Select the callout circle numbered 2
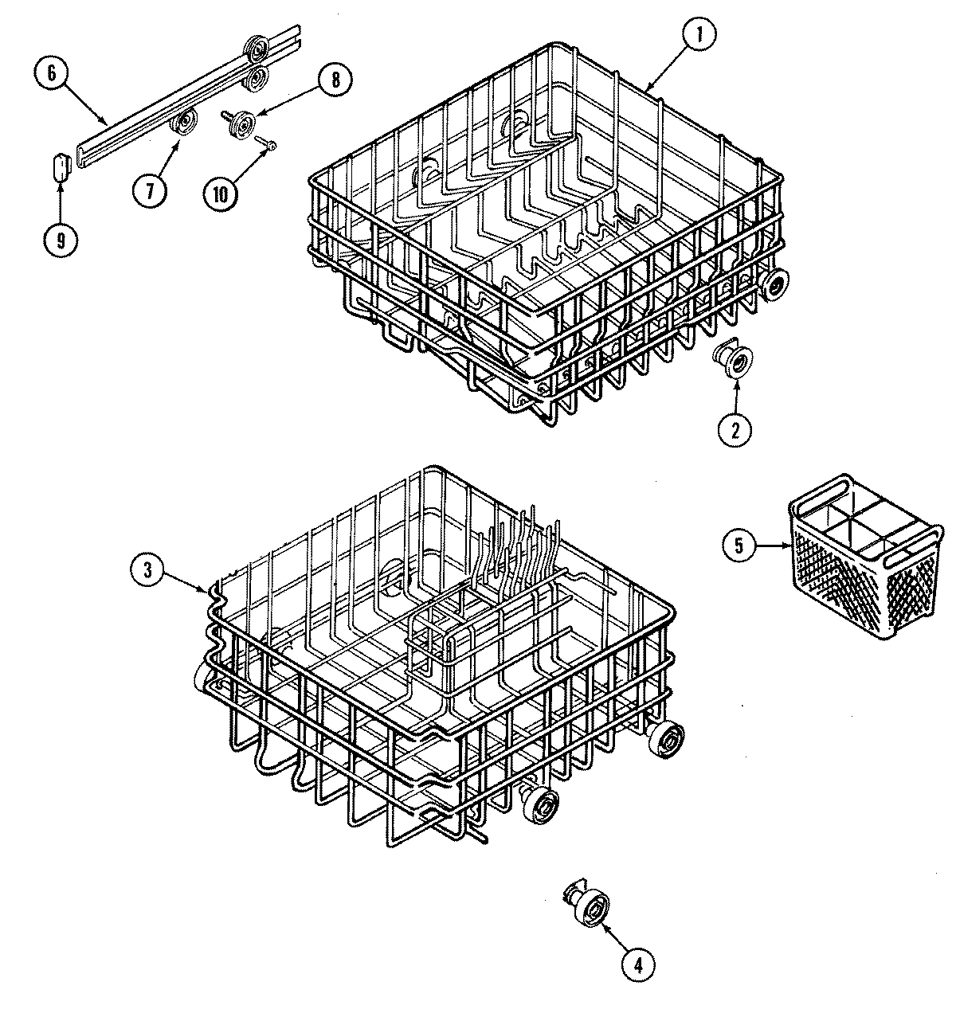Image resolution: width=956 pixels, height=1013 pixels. coord(734,429)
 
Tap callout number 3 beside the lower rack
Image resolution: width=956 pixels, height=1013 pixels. coord(149,569)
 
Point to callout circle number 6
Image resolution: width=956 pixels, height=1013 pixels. coord(52,73)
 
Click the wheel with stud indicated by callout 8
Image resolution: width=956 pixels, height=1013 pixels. coord(239,124)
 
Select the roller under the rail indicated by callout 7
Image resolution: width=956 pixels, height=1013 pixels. coord(186,123)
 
